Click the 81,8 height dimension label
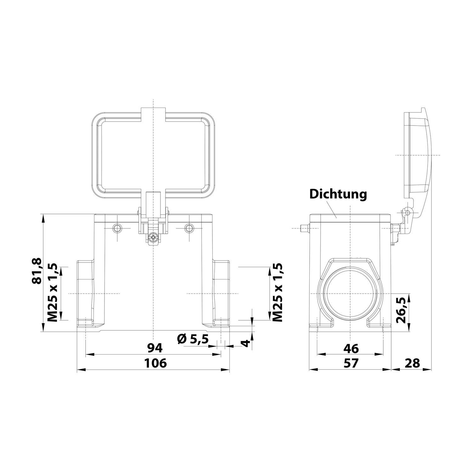point(37,271)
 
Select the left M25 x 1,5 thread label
point(52,293)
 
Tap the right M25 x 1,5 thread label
point(277,293)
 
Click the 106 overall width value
point(155,363)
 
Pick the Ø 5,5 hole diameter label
point(193,339)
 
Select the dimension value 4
point(247,343)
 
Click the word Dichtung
point(338,194)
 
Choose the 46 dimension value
point(351,348)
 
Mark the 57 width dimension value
point(351,363)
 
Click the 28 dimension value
point(412,363)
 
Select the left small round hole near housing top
point(117,228)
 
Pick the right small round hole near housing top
point(189,228)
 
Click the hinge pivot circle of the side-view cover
point(407,213)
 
